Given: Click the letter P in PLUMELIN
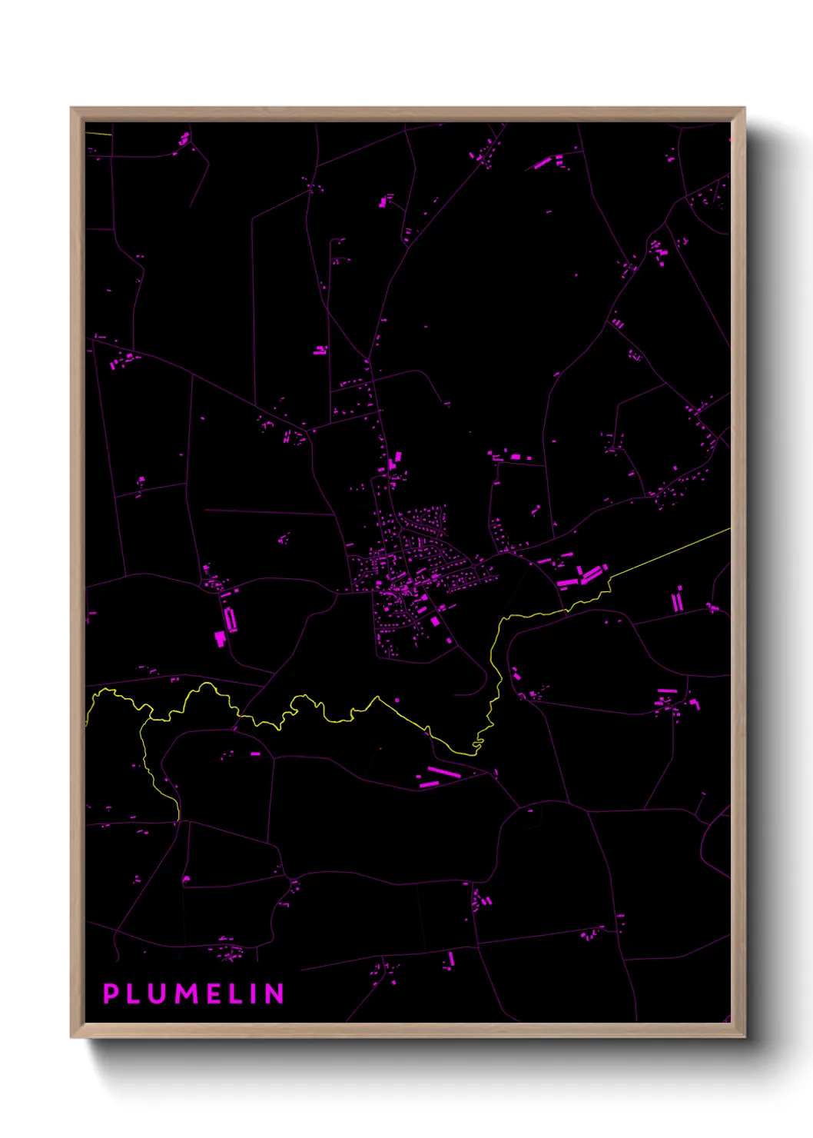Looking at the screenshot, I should pos(111,993).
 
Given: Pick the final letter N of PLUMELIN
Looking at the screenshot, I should pos(275,993).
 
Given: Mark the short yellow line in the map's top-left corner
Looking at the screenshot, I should pos(99,134).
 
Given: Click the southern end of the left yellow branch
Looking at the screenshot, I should pos(178,817).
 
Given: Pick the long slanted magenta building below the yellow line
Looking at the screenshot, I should pos(444,771).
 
